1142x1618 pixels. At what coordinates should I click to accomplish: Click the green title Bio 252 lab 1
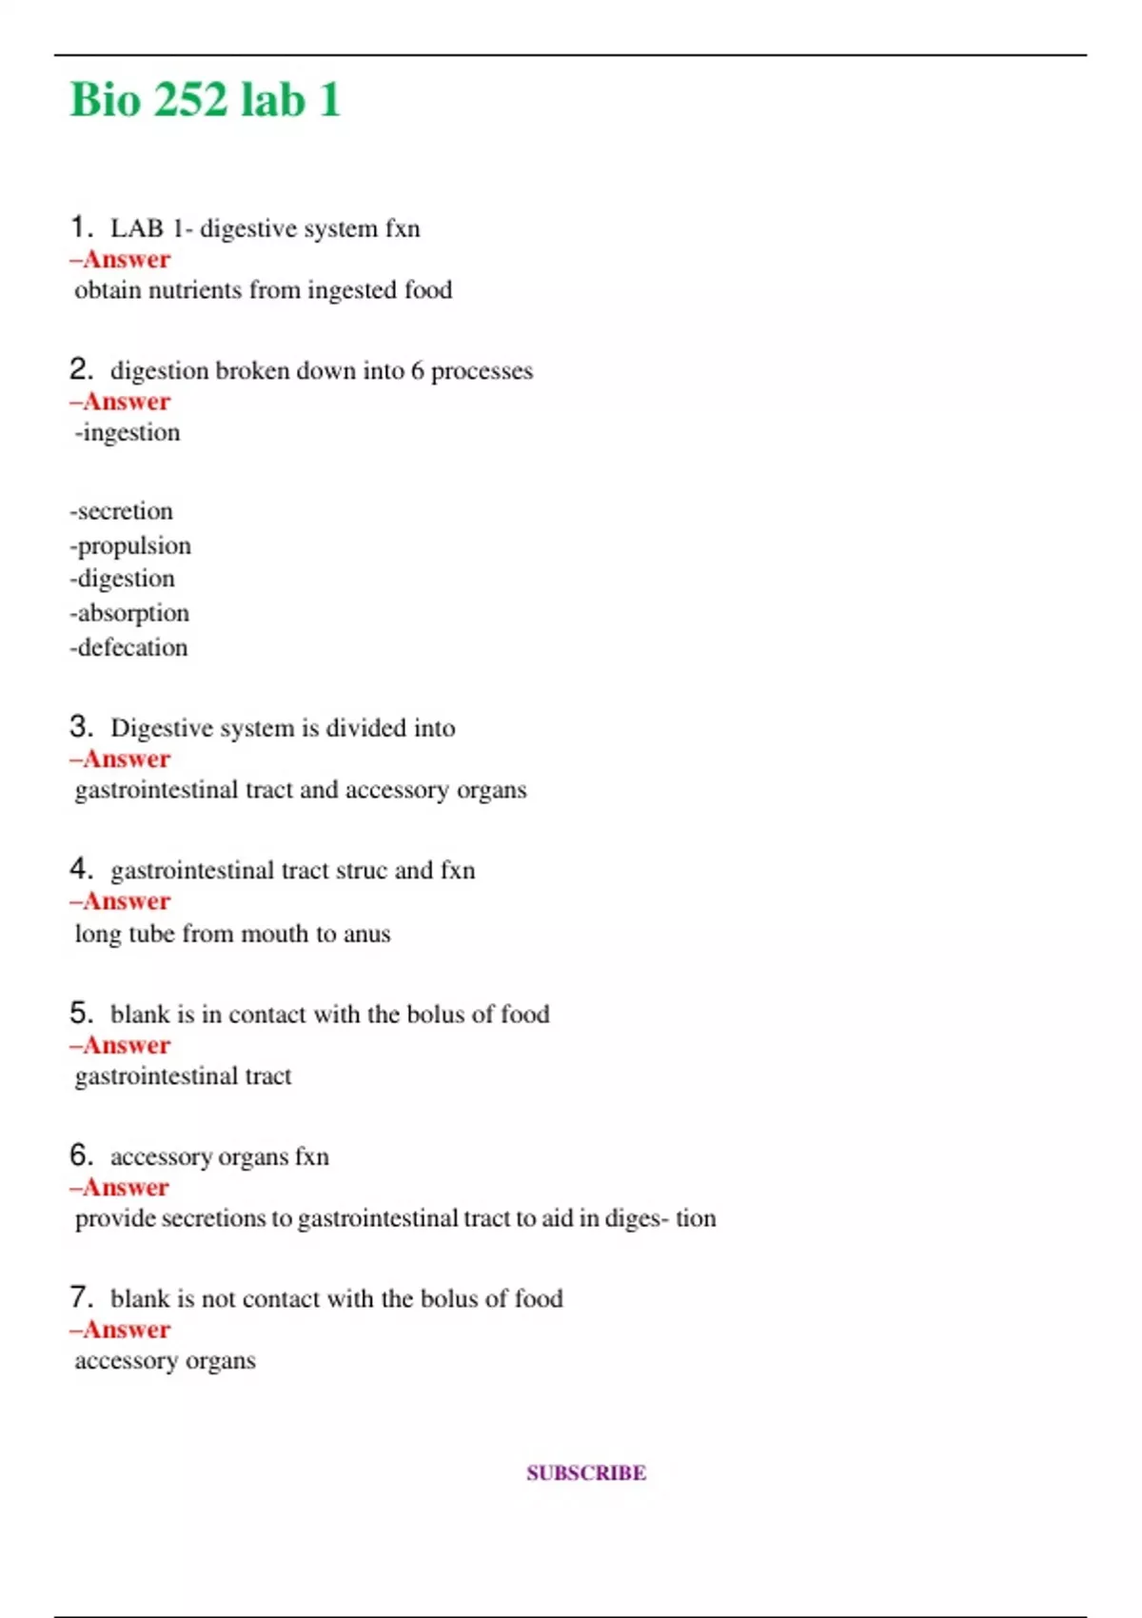(206, 100)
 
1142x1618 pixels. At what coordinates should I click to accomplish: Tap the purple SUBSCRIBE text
(586, 1472)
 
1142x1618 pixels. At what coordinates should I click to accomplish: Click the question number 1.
(80, 227)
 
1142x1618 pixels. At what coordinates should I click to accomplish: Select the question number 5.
(80, 1013)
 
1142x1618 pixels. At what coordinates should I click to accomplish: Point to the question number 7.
(80, 1297)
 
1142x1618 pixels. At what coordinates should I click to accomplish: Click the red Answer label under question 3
(121, 759)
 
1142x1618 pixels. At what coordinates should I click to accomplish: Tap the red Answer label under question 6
(121, 1187)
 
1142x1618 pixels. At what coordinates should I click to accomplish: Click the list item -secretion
(122, 511)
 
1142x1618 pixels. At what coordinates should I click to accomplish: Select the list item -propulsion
(130, 545)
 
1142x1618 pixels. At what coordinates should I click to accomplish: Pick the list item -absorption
(129, 613)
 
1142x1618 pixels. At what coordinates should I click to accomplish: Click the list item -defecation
(128, 647)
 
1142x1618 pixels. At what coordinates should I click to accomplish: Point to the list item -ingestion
(128, 432)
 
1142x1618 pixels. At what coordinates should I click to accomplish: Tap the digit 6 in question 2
(417, 370)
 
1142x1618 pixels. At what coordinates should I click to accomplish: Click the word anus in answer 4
(366, 934)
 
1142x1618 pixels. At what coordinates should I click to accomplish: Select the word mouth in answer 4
(275, 934)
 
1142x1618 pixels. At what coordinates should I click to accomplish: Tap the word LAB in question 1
(137, 228)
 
